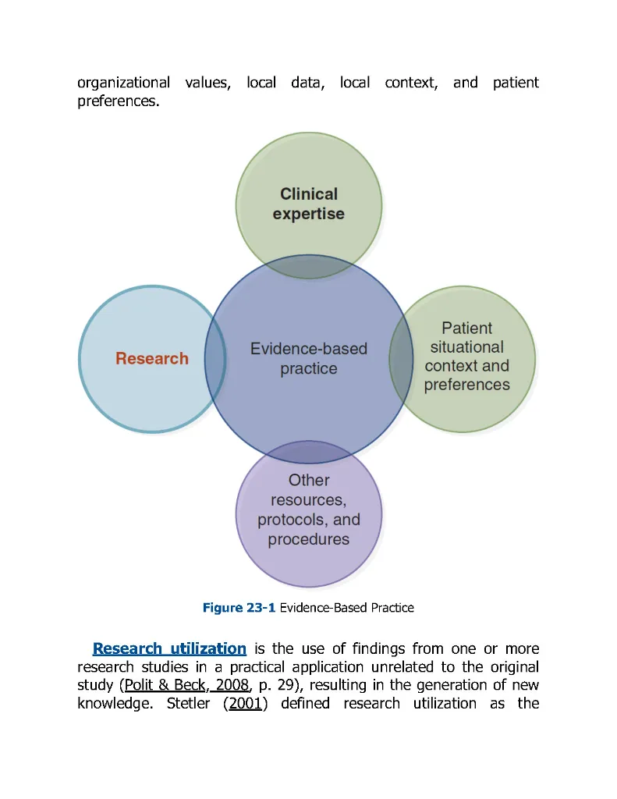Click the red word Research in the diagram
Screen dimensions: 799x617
pos(152,359)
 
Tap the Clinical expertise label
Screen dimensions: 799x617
pos(308,204)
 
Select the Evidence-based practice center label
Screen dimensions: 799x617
pos(308,359)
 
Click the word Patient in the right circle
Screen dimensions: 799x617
pos(467,328)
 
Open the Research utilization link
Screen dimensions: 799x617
pos(169,648)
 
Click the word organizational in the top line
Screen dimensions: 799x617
pos(124,82)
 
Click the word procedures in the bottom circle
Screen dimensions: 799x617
pos(309,539)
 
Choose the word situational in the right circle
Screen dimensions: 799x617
pos(467,347)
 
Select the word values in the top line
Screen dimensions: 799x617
pos(208,82)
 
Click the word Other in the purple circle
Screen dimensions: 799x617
pos(309,481)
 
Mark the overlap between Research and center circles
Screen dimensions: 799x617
pos(215,359)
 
